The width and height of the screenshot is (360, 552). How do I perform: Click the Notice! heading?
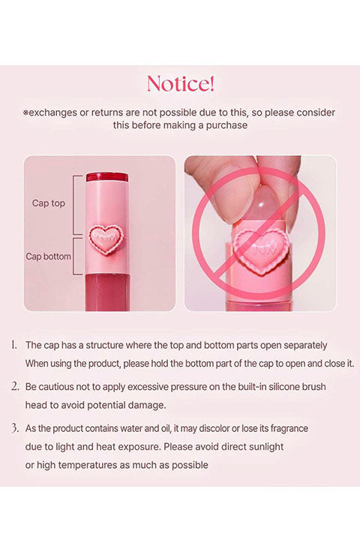[180, 84]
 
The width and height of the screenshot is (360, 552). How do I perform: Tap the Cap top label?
[49, 203]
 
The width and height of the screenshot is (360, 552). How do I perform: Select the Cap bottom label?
[48, 256]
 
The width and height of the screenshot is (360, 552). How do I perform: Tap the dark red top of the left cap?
[107, 177]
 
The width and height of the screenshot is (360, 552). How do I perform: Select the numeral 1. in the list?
[13, 345]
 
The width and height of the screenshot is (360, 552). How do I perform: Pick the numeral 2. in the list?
[14, 386]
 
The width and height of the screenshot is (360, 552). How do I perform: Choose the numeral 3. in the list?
[14, 428]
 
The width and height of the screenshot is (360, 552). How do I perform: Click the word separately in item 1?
[305, 345]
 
